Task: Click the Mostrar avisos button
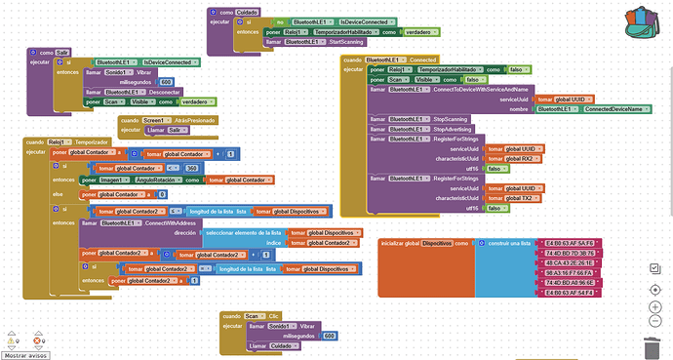[x=26, y=355]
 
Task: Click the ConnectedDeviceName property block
[x=617, y=109]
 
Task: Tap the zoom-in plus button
[x=654, y=307]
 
